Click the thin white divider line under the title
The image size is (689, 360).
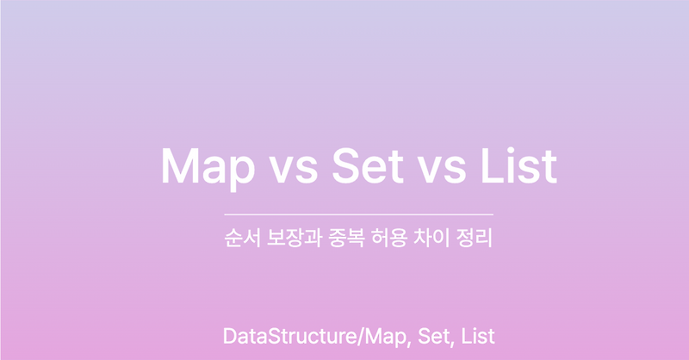tap(358, 213)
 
